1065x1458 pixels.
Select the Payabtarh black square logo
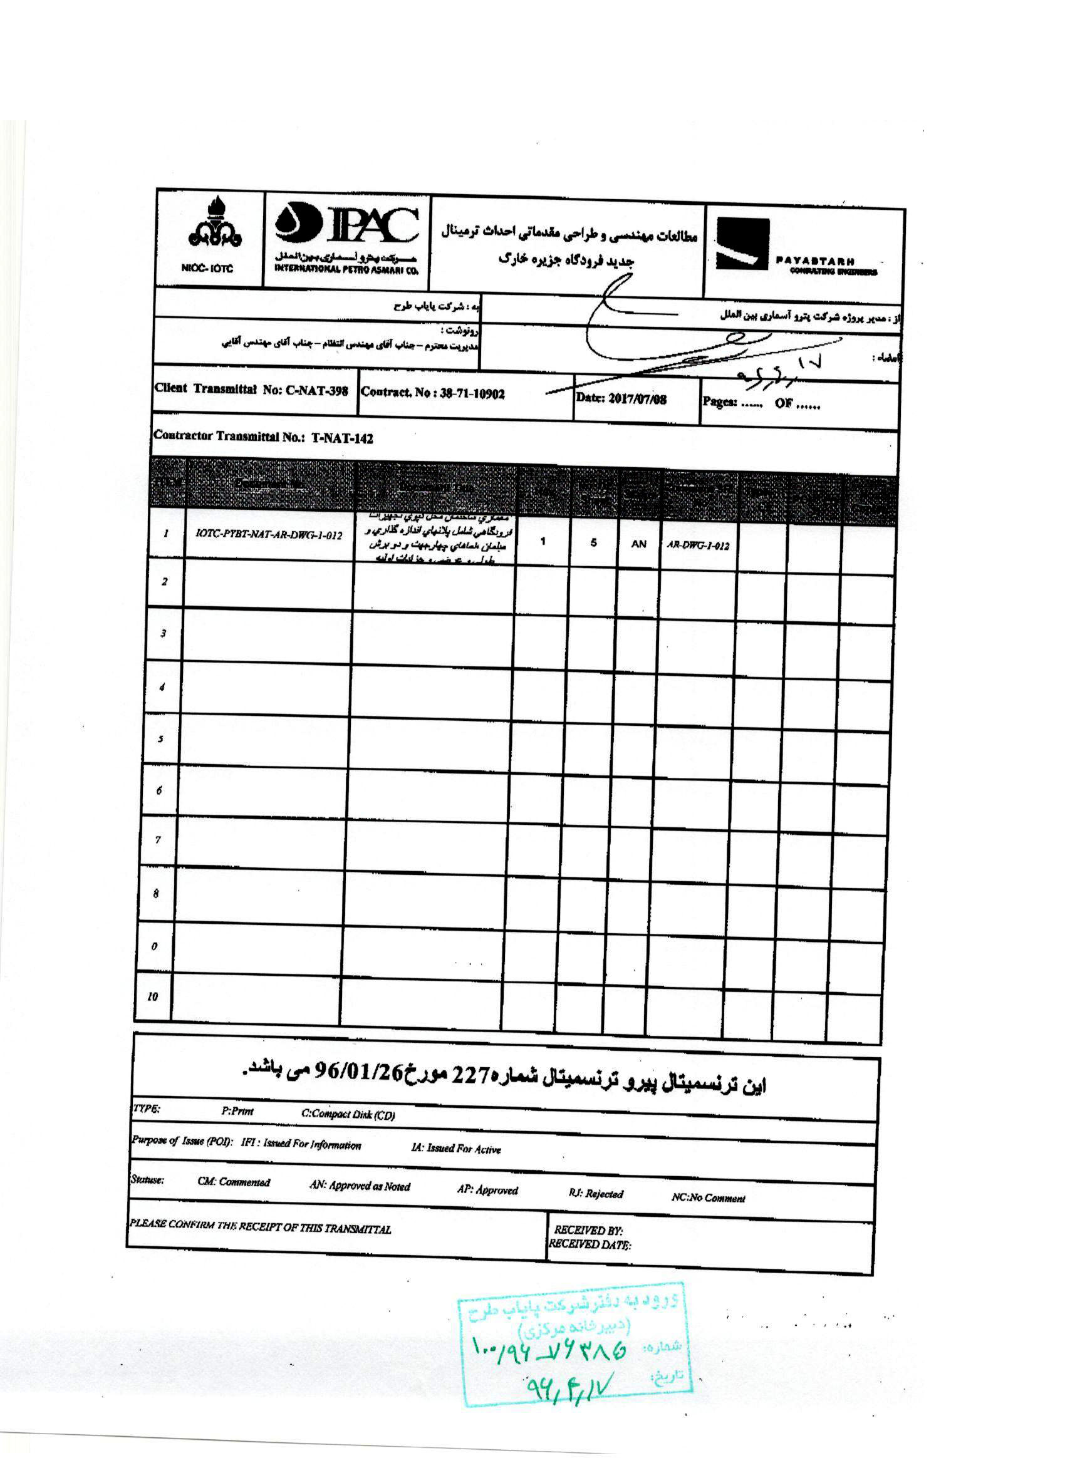742,244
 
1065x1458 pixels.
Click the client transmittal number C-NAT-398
306,391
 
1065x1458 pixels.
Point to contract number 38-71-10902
472,394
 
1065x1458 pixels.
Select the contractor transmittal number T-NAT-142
342,438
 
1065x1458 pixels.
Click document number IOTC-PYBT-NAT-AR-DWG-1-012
269,535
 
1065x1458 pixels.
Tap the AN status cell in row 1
638,544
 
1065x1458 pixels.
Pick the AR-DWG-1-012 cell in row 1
698,545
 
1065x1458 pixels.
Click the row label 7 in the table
158,840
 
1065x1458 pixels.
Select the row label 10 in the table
152,996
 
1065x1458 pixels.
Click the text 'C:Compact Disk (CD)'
348,1115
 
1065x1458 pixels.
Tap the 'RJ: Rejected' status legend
596,1194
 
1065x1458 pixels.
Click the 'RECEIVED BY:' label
587,1231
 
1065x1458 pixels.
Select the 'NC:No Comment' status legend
708,1198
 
